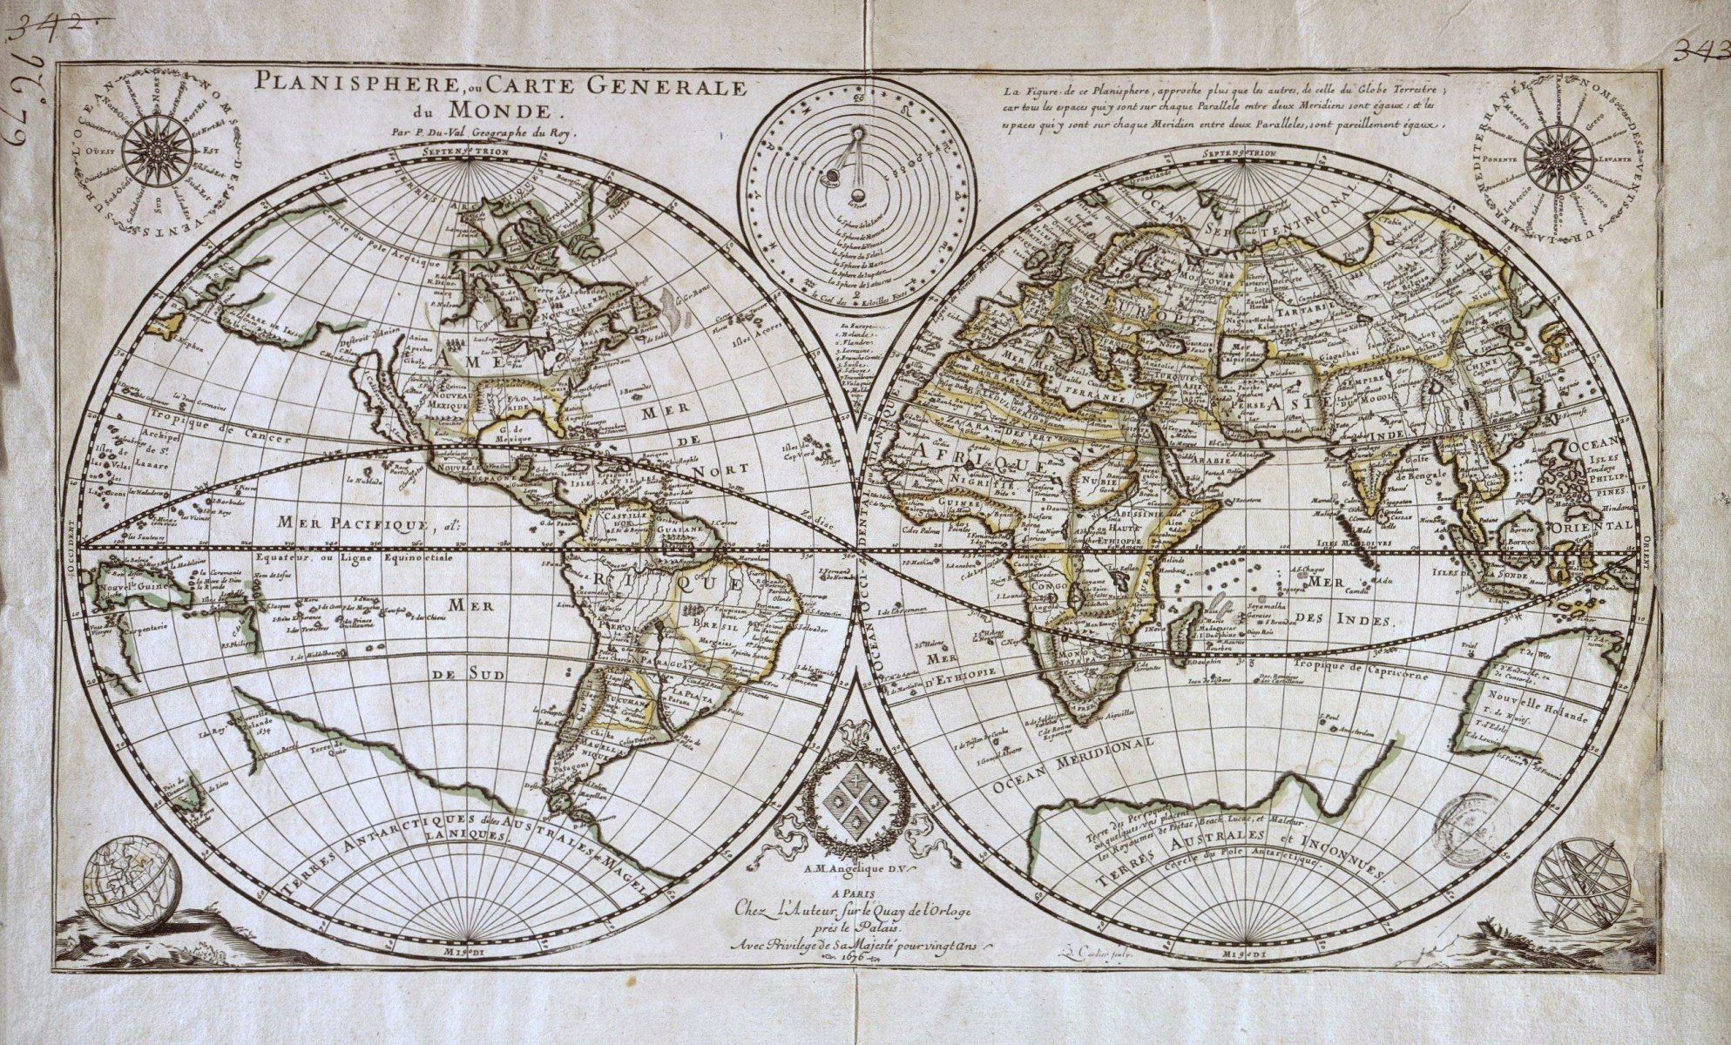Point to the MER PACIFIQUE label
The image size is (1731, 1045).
point(340,525)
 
